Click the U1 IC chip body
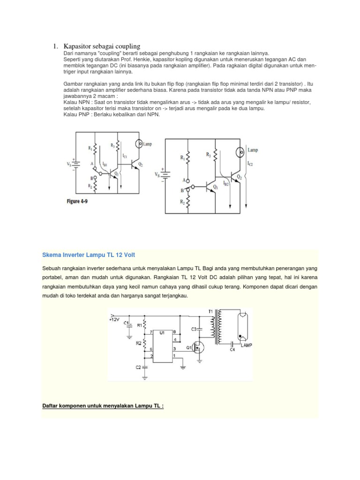162,345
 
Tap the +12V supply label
114,319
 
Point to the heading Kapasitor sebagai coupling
102,46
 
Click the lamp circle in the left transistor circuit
139,143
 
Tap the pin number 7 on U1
151,332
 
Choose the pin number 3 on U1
174,349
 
